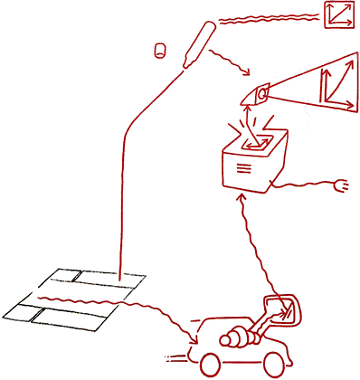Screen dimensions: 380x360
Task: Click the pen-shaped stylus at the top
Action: pos(198,45)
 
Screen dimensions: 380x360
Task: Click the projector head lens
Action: pos(261,93)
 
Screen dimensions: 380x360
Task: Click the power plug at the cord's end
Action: pos(341,188)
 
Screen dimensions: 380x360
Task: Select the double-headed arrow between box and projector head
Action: pos(251,116)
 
